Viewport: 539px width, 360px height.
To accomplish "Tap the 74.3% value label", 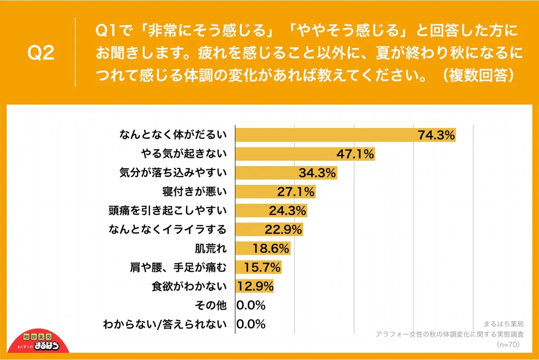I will tap(436, 135).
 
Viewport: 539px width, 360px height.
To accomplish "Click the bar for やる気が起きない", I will tap(287, 154).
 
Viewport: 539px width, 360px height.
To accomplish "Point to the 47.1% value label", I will tap(355, 154).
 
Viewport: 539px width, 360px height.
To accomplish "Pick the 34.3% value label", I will tap(317, 173).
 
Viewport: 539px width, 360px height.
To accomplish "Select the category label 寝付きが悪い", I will tap(195, 192).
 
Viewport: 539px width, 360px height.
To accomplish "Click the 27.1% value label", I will tap(296, 192).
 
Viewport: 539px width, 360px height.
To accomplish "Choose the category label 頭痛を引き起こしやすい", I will tap(168, 211).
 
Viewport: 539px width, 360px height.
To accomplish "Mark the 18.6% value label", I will tap(271, 249).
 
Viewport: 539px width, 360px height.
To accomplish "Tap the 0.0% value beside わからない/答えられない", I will tap(251, 324).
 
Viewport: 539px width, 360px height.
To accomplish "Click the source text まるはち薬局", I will tap(504, 323).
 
